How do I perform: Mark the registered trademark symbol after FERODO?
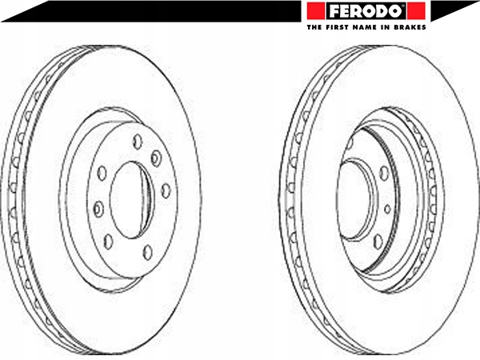click(x=409, y=6)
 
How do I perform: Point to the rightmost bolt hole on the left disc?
click(x=166, y=190)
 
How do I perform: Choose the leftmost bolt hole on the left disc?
click(x=98, y=210)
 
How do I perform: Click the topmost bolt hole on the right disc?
click(x=350, y=143)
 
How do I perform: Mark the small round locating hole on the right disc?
click(x=387, y=209)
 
